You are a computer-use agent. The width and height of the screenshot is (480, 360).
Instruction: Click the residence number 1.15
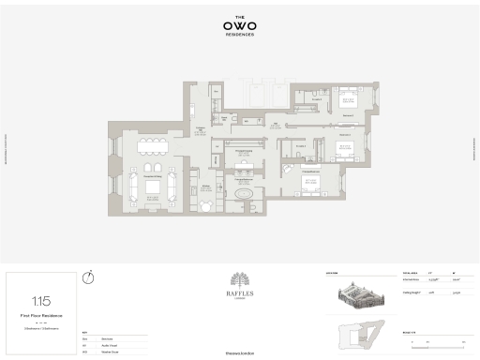point(41,302)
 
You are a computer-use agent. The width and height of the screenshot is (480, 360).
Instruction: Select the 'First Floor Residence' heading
point(41,317)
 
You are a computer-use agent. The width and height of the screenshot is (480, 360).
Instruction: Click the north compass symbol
point(88,277)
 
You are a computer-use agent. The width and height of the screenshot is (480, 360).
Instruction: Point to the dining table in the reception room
point(150,145)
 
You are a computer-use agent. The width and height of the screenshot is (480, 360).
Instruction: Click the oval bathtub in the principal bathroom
point(244,196)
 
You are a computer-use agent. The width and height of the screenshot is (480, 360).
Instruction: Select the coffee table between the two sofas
point(151,187)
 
